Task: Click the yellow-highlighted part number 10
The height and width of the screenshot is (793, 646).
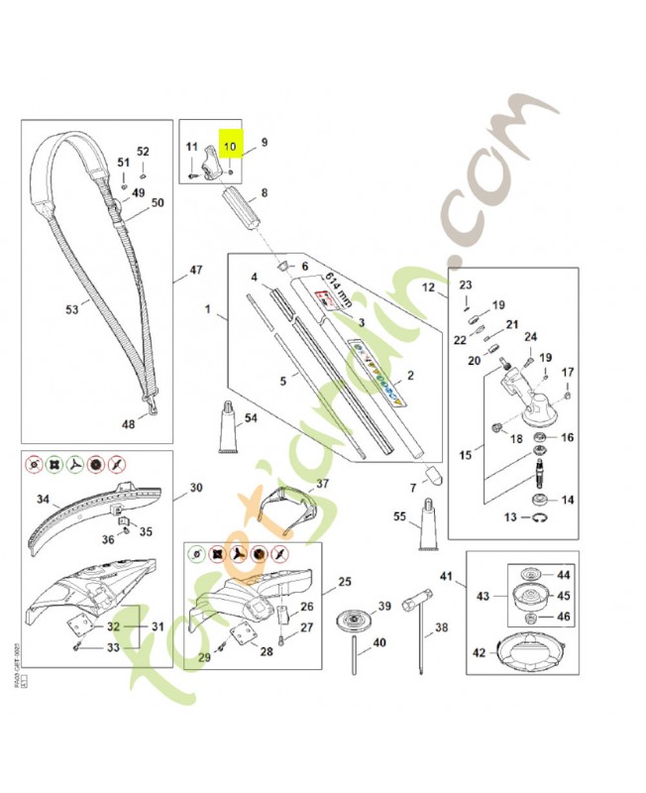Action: pyautogui.click(x=230, y=146)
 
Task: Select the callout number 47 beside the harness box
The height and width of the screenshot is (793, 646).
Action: pyautogui.click(x=196, y=270)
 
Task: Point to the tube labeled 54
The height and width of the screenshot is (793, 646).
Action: pyautogui.click(x=227, y=431)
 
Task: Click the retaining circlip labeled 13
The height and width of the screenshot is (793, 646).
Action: pyautogui.click(x=539, y=517)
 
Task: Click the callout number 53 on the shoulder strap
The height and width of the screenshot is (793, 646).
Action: pyautogui.click(x=71, y=310)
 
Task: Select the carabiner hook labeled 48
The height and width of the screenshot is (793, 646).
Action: pyautogui.click(x=154, y=403)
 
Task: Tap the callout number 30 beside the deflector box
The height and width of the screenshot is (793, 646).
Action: pyautogui.click(x=196, y=488)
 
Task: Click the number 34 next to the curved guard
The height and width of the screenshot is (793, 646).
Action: pyautogui.click(x=43, y=499)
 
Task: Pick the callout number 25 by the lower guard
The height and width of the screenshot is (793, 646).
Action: pyautogui.click(x=345, y=581)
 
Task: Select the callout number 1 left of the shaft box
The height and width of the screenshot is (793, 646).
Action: pyautogui.click(x=208, y=310)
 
